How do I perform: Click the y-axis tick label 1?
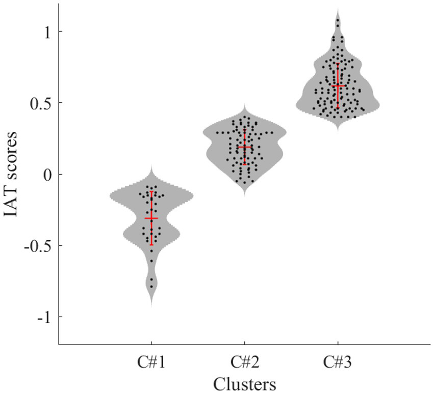pyautogui.click(x=46, y=32)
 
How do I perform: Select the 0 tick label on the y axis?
pyautogui.click(x=46, y=175)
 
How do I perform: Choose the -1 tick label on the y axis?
pyautogui.click(x=43, y=317)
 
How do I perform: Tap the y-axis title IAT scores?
pyautogui.click(x=13, y=175)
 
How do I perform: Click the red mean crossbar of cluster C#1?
pyautogui.click(x=151, y=218)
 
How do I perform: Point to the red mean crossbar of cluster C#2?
pyautogui.click(x=245, y=147)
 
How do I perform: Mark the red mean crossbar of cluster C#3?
pyautogui.click(x=338, y=86)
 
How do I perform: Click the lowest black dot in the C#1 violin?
pyautogui.click(x=151, y=287)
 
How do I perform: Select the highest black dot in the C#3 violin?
pyautogui.click(x=338, y=20)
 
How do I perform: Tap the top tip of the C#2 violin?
pyautogui.click(x=245, y=105)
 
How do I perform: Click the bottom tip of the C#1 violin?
pyautogui.click(x=151, y=306)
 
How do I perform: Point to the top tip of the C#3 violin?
pyautogui.click(x=338, y=9)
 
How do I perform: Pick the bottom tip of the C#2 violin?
pyautogui.click(x=245, y=195)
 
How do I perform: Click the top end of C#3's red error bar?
pyautogui.click(x=338, y=64)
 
